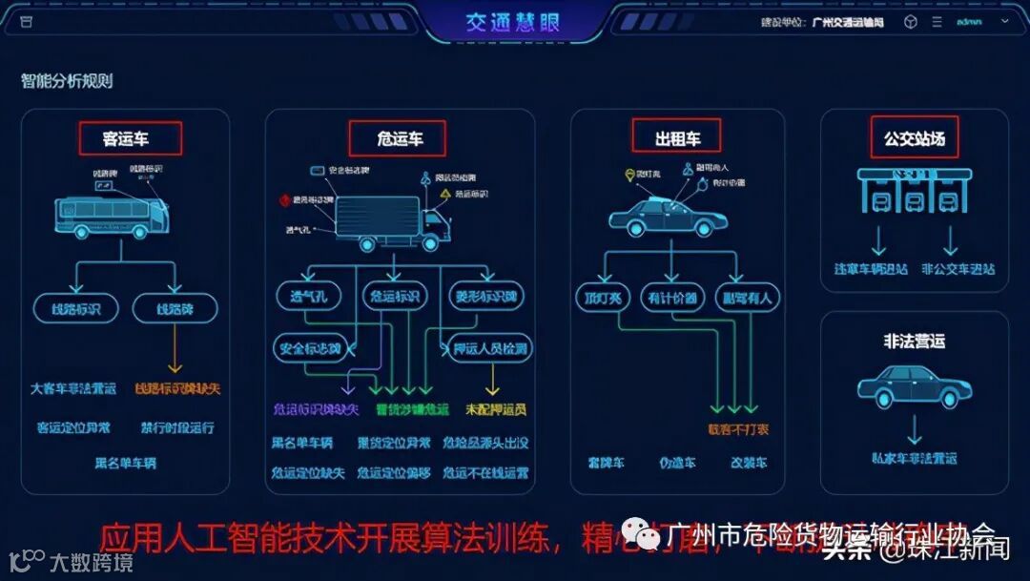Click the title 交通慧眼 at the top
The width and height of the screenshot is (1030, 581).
(512, 23)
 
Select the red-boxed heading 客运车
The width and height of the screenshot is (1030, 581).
(126, 138)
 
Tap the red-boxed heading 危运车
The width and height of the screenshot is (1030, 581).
(400, 138)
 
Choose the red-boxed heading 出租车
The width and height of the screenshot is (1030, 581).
(677, 137)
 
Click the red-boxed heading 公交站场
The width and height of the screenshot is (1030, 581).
(914, 137)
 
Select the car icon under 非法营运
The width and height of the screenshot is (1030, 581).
(914, 387)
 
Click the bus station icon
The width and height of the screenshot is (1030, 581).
(914, 191)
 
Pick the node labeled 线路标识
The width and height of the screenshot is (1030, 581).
(75, 308)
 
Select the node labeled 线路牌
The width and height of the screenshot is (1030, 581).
(175, 308)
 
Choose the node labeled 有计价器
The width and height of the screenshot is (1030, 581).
(672, 298)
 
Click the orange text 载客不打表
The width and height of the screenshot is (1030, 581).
(737, 429)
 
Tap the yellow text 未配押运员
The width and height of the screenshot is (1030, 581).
(496, 409)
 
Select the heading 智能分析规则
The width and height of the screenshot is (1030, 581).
(67, 81)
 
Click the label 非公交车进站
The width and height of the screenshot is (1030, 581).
(958, 269)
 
